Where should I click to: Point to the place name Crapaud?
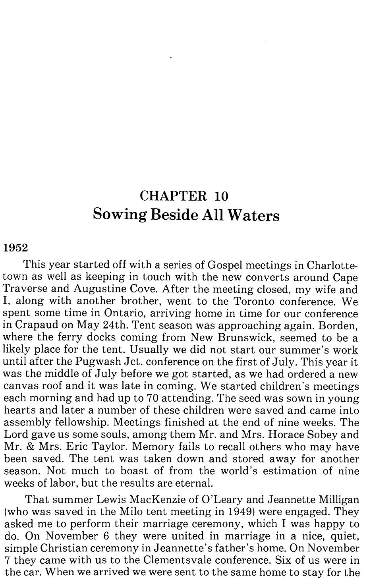(35, 325)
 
